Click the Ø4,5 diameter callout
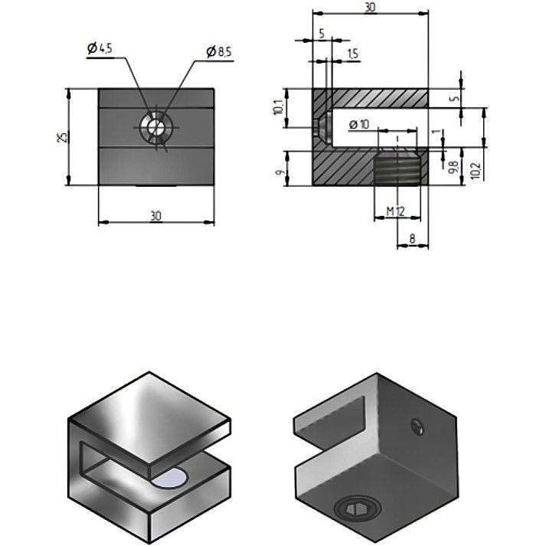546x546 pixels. pyautogui.click(x=100, y=48)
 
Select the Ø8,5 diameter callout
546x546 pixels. pyautogui.click(x=219, y=52)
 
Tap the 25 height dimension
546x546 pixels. pyautogui.click(x=62, y=137)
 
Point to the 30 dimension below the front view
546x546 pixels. pyautogui.click(x=156, y=216)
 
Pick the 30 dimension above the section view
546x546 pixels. pyautogui.click(x=370, y=7)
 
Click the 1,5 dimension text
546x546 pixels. pyautogui.click(x=352, y=54)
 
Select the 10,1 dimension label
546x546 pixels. pyautogui.click(x=279, y=107)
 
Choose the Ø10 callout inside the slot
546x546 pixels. pyautogui.click(x=359, y=124)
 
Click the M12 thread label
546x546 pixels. pyautogui.click(x=396, y=211)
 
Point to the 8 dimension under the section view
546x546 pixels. pyautogui.click(x=412, y=238)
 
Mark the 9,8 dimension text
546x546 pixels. pyautogui.click(x=453, y=167)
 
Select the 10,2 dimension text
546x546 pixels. pyautogui.click(x=476, y=171)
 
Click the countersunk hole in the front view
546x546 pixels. pyautogui.click(x=155, y=127)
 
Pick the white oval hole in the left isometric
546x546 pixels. pyautogui.click(x=170, y=478)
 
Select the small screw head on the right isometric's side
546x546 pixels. pyautogui.click(x=417, y=427)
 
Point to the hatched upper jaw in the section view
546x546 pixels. pyautogui.click(x=379, y=98)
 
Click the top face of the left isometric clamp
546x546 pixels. pyautogui.click(x=149, y=418)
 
